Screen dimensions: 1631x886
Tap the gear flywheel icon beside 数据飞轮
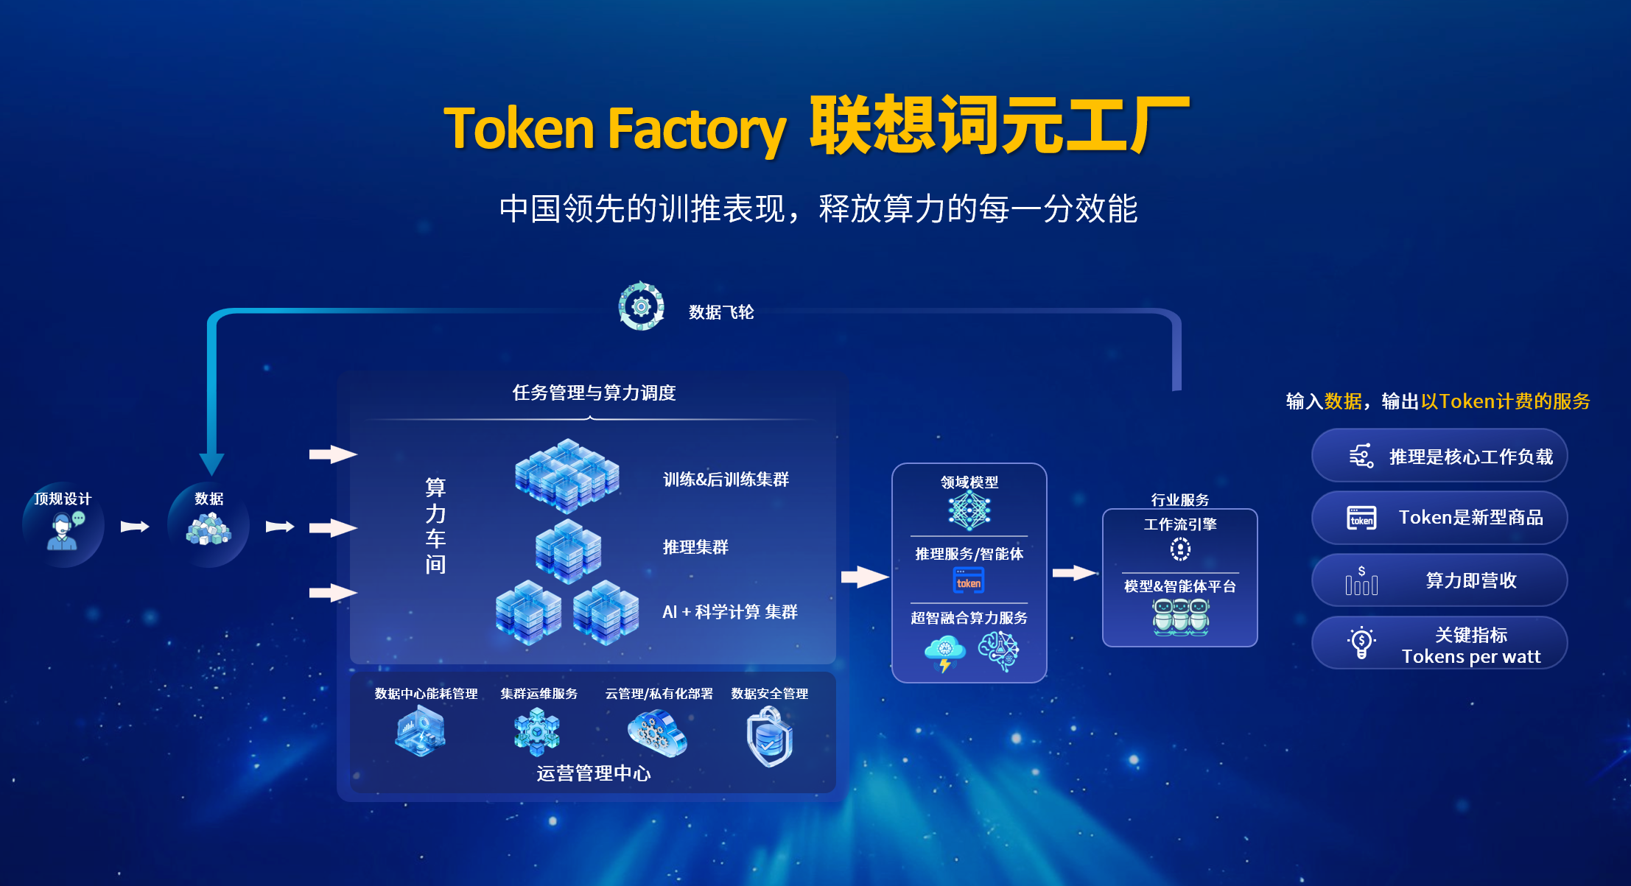tap(641, 306)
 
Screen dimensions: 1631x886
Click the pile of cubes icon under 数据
tap(209, 529)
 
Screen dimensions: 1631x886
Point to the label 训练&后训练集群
tap(726, 479)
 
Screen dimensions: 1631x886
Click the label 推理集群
tap(695, 547)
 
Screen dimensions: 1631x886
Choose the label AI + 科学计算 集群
tap(730, 612)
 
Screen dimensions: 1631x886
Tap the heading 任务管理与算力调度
tap(594, 393)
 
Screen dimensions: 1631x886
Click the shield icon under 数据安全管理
tap(769, 737)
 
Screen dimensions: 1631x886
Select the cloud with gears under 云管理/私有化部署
tap(657, 734)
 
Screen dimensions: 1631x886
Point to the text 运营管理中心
tap(594, 773)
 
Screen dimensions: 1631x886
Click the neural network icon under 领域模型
tap(969, 511)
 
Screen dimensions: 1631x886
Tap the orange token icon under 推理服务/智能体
tap(969, 580)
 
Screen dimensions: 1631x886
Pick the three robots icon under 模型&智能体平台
tap(1180, 616)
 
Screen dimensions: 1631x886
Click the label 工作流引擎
tap(1180, 524)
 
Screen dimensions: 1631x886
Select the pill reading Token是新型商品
tap(1439, 518)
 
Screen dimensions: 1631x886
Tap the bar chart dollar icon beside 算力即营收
tap(1361, 580)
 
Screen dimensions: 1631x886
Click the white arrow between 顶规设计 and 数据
tap(135, 527)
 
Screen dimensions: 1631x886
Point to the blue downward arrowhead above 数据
tap(211, 464)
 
